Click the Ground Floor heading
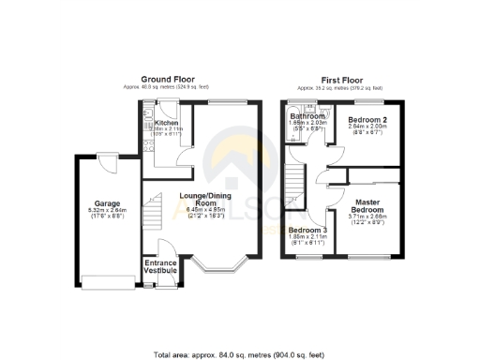pyautogui.click(x=167, y=79)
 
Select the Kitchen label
pyautogui.click(x=167, y=123)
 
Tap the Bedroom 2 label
pyautogui.click(x=367, y=121)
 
